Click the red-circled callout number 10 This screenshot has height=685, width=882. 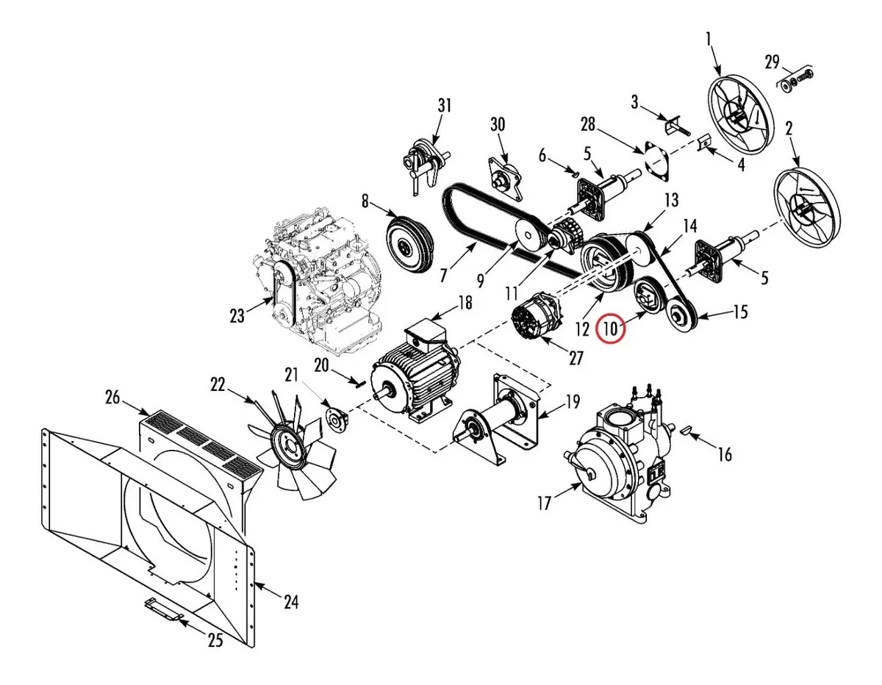click(x=610, y=329)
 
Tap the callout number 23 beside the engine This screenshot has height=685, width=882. click(x=237, y=316)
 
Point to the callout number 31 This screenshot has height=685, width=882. click(x=445, y=106)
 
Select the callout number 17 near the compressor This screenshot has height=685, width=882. click(x=544, y=503)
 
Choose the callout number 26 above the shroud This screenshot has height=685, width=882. click(x=112, y=398)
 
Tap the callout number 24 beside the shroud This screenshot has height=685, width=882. click(x=291, y=601)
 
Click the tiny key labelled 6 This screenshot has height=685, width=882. click(x=573, y=174)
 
